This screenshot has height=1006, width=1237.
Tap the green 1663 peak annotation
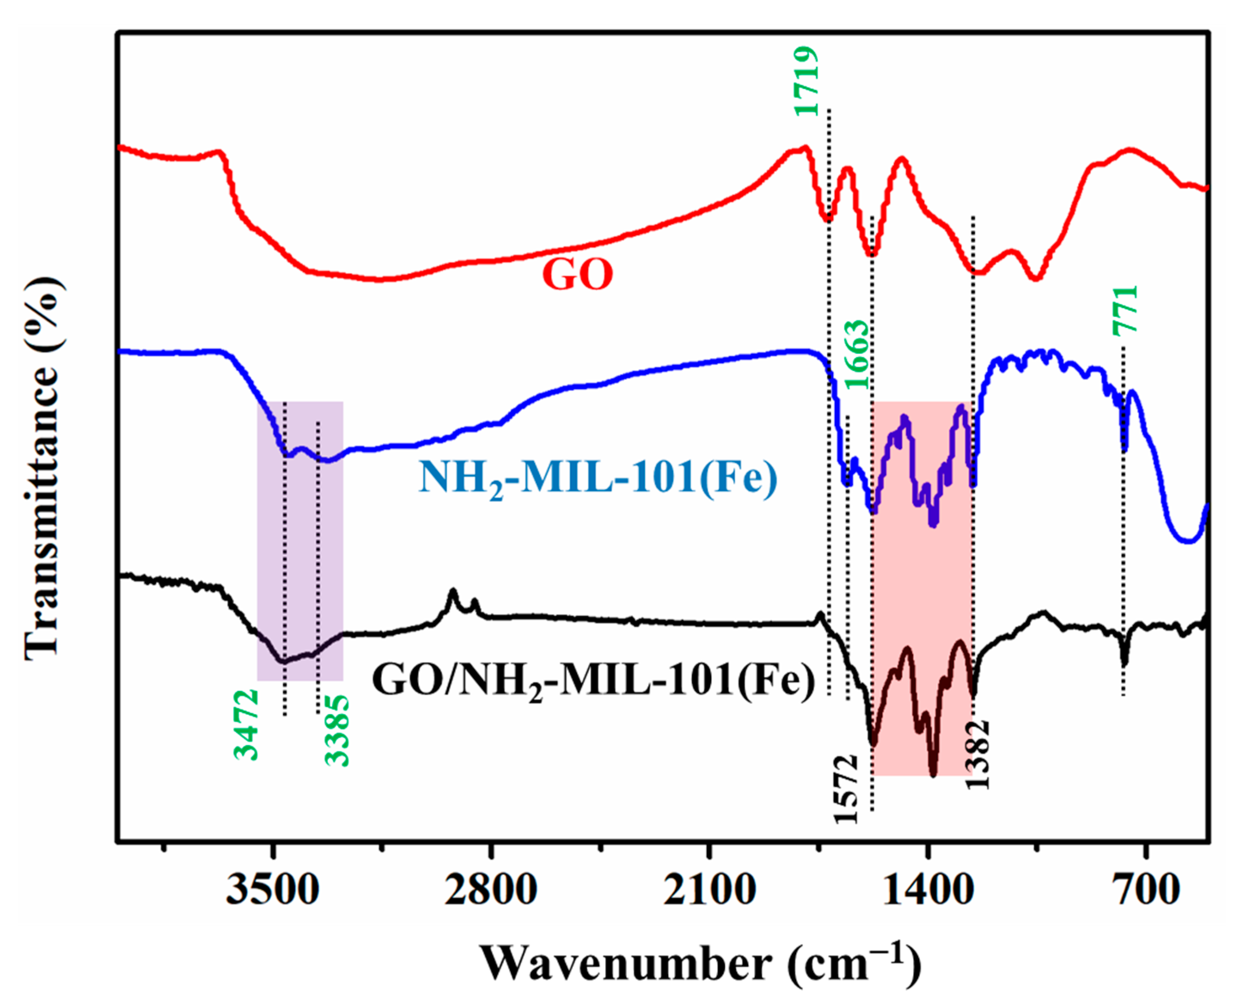(858, 355)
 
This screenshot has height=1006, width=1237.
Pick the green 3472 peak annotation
(246, 725)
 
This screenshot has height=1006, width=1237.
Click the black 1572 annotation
(845, 788)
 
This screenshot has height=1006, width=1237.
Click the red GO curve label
(577, 275)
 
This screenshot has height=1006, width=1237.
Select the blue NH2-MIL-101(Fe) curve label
(597, 479)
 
